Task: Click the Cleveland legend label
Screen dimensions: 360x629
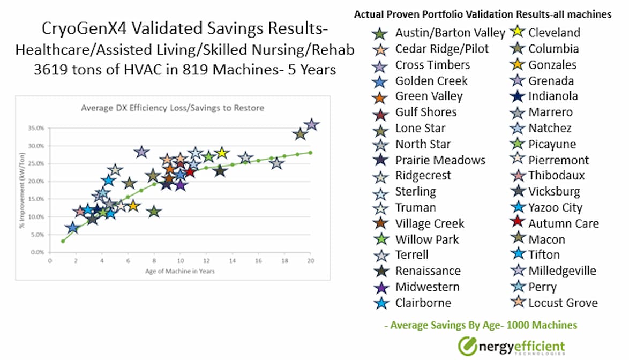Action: click(554, 33)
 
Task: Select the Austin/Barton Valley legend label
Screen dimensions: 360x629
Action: click(450, 33)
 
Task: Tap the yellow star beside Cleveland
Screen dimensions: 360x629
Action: click(518, 33)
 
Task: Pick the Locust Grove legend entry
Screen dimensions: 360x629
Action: click(563, 303)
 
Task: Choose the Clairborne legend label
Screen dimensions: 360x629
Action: click(423, 303)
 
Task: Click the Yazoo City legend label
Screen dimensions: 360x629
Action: click(555, 207)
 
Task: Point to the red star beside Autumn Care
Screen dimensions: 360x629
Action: click(518, 223)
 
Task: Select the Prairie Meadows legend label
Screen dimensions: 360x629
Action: click(440, 160)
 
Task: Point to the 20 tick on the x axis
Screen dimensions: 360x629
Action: click(310, 261)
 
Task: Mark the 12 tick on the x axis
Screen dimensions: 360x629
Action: click(206, 261)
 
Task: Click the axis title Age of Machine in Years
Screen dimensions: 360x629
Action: click(180, 271)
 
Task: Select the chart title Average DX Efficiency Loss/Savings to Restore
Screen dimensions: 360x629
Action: click(172, 108)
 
